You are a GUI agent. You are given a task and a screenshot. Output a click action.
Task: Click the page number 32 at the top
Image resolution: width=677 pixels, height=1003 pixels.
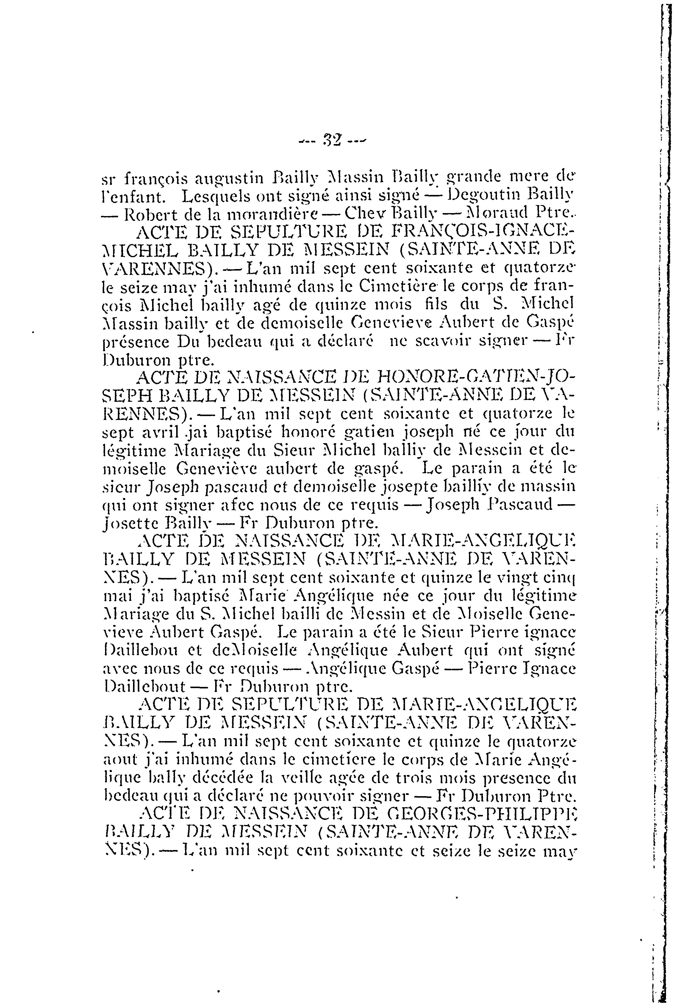(x=332, y=140)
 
